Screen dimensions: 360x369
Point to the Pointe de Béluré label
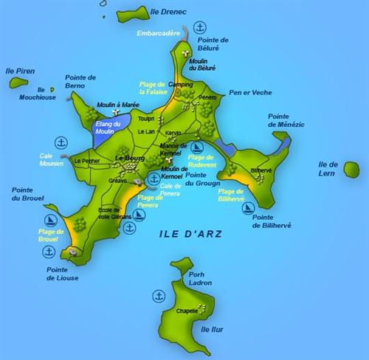coord(213,44)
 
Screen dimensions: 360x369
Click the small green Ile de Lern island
coord(351,170)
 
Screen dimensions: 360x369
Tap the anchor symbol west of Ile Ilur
coord(159,296)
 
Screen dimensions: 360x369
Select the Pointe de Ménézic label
coord(286,121)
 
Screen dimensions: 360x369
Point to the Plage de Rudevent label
coord(204,161)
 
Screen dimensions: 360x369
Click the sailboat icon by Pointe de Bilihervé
coord(249,208)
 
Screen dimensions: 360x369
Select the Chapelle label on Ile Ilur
coord(187,311)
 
